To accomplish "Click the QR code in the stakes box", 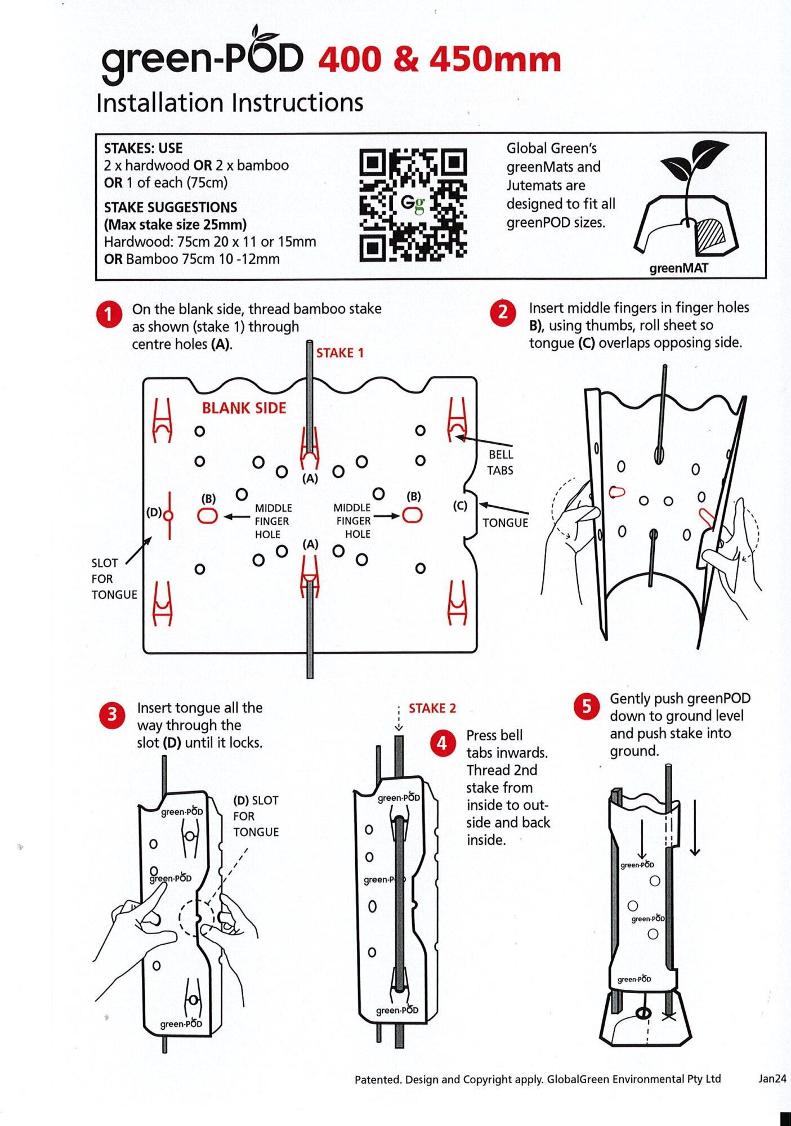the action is [x=413, y=205].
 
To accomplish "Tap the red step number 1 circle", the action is [x=109, y=314].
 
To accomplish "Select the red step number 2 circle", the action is [x=503, y=312].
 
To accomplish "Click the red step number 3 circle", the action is [x=112, y=715].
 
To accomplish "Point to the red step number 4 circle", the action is [x=442, y=743].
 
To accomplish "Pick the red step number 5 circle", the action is [x=586, y=707].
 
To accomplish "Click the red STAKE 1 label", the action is [x=340, y=353].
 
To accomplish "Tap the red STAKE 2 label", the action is [x=432, y=708].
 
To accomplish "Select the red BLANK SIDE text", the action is [x=244, y=408].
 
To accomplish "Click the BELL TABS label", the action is [x=500, y=462].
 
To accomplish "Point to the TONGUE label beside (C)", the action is [x=506, y=522].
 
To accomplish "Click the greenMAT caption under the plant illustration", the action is [x=679, y=268].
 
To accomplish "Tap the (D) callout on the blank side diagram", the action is [x=154, y=512].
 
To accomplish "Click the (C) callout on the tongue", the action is [x=461, y=506].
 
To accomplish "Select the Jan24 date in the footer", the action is [x=772, y=1079].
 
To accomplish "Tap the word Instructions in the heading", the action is [x=297, y=103].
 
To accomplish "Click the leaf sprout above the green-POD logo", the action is [x=265, y=35].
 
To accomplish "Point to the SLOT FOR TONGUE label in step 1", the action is [x=114, y=579].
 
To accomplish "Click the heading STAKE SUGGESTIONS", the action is [x=171, y=207].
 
